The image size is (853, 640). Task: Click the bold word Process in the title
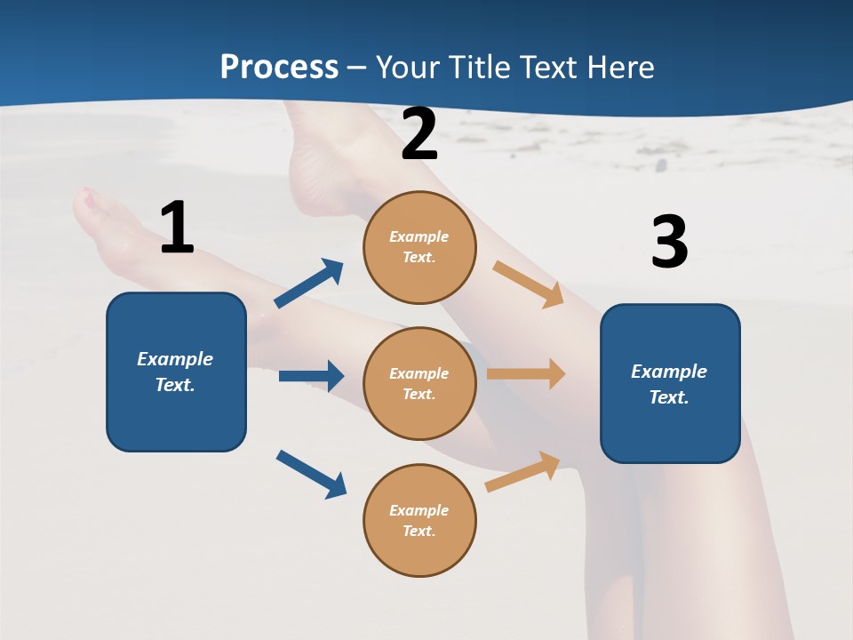(279, 68)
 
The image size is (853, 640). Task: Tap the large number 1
(177, 228)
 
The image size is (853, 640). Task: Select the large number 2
(419, 134)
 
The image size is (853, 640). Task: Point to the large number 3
(669, 243)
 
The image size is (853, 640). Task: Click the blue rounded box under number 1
(176, 372)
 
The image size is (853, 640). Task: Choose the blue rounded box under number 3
(670, 384)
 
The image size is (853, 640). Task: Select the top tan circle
(419, 247)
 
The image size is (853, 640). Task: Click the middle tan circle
(419, 384)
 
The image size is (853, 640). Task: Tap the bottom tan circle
(419, 521)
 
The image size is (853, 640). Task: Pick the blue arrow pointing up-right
(309, 284)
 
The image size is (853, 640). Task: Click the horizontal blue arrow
(311, 376)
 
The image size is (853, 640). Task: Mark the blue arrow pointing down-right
(311, 474)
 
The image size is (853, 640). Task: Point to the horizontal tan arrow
(526, 374)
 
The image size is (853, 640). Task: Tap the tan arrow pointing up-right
(523, 471)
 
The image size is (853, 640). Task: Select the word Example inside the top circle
(419, 236)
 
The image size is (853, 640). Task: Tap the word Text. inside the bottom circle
(419, 531)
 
